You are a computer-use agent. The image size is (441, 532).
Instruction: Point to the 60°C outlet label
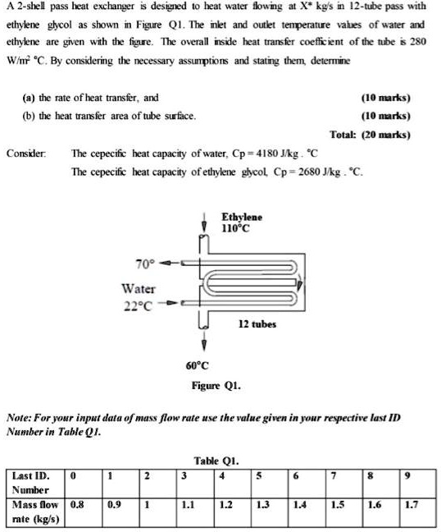point(197,365)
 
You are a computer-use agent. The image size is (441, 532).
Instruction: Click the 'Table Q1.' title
point(216,461)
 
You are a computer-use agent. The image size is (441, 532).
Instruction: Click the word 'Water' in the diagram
point(138,288)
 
